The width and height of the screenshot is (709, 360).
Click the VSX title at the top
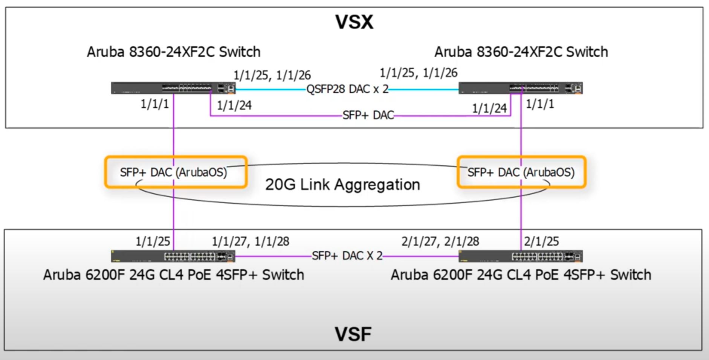(x=354, y=22)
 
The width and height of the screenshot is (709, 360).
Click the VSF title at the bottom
(x=353, y=334)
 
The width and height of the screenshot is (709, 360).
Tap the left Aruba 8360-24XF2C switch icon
(x=173, y=88)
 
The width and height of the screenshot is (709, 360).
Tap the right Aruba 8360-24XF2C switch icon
(x=520, y=88)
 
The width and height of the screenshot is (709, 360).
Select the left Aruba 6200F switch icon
(x=173, y=256)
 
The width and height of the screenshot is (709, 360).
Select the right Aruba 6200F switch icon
(x=520, y=256)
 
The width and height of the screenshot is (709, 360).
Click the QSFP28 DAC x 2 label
(x=347, y=89)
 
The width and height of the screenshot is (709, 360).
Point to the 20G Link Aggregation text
(x=342, y=185)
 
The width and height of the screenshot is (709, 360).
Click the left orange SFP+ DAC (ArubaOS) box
(x=176, y=172)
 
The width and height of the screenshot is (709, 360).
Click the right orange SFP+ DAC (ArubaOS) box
(x=521, y=172)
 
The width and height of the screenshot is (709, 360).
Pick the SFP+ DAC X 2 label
(x=347, y=256)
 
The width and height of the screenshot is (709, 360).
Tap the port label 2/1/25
(x=541, y=241)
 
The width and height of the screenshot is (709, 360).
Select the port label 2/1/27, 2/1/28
(x=440, y=241)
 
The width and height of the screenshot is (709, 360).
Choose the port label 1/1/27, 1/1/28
(x=251, y=241)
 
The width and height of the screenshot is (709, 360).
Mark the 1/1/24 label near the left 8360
(x=234, y=105)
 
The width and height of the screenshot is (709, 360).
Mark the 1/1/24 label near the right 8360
(x=489, y=108)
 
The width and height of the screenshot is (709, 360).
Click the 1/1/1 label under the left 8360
(x=154, y=104)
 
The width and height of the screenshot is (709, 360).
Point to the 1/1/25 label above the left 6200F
(x=153, y=241)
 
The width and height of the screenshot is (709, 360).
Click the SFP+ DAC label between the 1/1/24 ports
(x=368, y=115)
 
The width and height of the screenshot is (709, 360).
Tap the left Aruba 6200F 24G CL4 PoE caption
(x=174, y=275)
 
